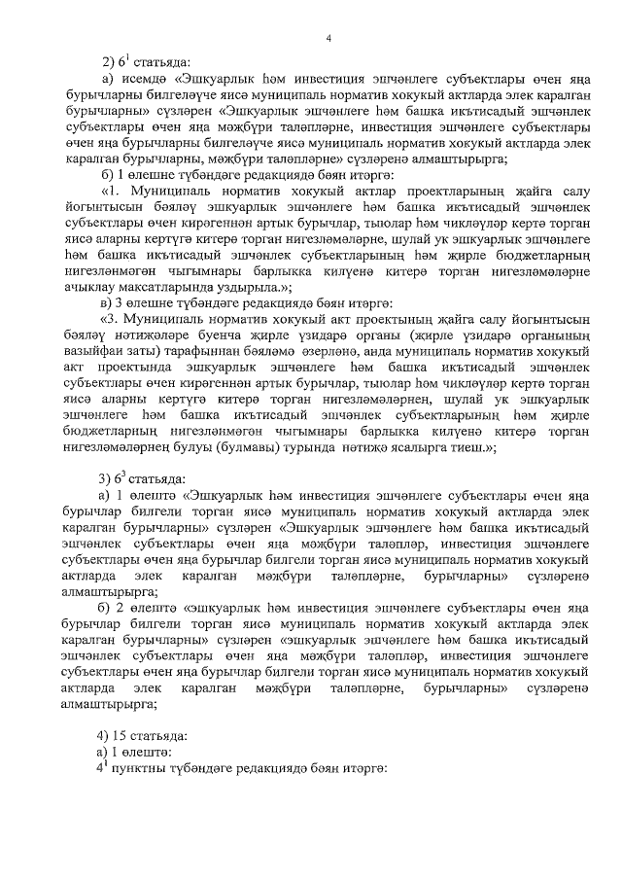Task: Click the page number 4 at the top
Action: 328,38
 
